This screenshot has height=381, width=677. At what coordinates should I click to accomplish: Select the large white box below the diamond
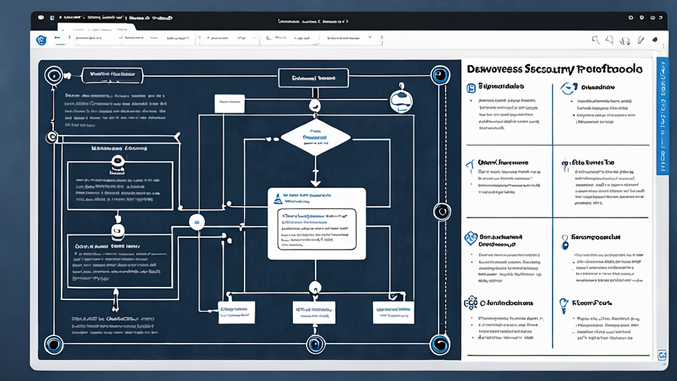click(x=316, y=223)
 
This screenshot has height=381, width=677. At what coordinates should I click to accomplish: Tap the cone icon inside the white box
click(x=277, y=199)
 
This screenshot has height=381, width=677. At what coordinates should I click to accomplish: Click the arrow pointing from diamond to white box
click(x=315, y=176)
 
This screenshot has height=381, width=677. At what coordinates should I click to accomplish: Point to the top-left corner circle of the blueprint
click(x=52, y=74)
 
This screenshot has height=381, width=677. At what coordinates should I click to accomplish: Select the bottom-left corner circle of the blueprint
click(x=53, y=344)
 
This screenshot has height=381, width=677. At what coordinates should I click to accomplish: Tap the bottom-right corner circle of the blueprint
click(x=439, y=344)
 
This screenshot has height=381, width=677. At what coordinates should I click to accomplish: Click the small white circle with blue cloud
click(x=198, y=222)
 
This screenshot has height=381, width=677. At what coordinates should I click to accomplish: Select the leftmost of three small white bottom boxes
click(x=236, y=313)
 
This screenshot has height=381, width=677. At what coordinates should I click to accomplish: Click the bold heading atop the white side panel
click(x=554, y=69)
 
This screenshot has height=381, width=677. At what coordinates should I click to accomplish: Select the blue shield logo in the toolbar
click(x=41, y=40)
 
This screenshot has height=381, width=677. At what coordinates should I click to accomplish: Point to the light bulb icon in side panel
click(x=564, y=304)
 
